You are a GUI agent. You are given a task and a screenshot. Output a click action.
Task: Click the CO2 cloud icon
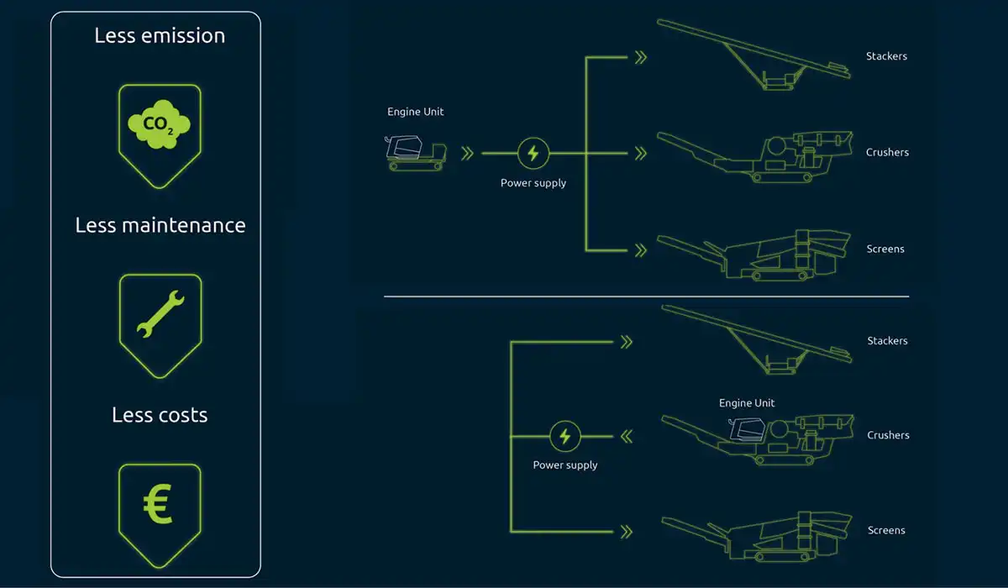[160, 124]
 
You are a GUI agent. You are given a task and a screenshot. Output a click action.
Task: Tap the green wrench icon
[160, 313]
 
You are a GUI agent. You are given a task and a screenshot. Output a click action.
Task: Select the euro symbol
[158, 504]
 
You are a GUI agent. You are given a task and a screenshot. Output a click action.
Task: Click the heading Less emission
[160, 35]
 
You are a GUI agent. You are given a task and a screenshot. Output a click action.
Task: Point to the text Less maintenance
[160, 225]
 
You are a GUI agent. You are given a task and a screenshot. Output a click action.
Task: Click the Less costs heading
[160, 415]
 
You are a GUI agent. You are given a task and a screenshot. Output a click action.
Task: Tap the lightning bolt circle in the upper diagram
[533, 154]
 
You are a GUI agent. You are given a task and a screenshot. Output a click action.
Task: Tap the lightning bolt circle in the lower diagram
[565, 436]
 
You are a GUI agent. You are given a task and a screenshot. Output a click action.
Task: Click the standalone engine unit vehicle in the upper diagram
[415, 153]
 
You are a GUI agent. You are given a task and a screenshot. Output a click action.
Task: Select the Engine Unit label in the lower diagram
[747, 403]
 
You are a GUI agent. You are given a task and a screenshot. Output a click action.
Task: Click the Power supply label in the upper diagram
[533, 183]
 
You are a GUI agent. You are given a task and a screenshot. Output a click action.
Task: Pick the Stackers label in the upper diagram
[886, 56]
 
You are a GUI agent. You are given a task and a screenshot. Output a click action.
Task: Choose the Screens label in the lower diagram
[886, 530]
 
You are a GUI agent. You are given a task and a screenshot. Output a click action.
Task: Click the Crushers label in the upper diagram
[887, 153]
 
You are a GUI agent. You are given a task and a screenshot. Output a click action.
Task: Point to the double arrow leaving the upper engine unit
[468, 154]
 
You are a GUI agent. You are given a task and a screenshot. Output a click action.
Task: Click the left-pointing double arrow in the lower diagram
[627, 437]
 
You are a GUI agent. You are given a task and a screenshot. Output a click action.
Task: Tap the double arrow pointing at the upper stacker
[641, 57]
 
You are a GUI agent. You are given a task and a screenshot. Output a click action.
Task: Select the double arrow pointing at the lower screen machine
[627, 533]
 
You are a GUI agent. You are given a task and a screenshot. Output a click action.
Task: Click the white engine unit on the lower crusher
[747, 428]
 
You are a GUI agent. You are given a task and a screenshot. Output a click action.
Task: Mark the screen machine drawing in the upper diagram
[753, 255]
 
